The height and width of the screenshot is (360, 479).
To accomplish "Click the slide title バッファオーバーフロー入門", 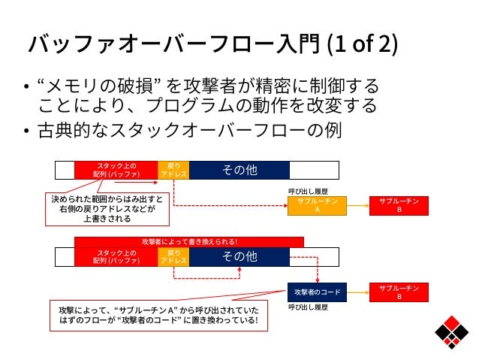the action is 173,44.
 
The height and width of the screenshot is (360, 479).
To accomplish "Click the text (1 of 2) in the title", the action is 363,44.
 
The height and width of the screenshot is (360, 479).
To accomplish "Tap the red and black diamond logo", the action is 451,332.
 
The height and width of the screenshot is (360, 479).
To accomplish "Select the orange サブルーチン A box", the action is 317,206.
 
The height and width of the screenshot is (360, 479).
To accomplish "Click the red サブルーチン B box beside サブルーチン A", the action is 399,206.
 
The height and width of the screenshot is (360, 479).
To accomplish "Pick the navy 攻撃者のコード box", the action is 317,292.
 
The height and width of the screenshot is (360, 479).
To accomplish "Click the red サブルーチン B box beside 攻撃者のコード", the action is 399,292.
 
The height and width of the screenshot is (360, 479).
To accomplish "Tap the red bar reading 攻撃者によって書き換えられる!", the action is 189,242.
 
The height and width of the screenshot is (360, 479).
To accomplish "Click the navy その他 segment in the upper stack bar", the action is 239,170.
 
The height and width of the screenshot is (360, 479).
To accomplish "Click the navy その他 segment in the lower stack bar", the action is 239,257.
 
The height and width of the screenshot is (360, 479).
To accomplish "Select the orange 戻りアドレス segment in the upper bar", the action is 173,170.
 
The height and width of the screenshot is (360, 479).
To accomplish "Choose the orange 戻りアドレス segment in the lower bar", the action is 173,257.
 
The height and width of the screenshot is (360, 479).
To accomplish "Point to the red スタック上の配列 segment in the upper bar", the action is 116,170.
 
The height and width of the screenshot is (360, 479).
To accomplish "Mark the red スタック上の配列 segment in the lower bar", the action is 116,257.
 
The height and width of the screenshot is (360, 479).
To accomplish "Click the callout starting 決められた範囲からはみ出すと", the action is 107,209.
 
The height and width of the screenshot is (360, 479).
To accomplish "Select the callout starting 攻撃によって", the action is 158,316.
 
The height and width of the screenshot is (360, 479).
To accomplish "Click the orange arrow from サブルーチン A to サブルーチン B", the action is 358,206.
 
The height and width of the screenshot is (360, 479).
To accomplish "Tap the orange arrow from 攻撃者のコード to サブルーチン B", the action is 358,292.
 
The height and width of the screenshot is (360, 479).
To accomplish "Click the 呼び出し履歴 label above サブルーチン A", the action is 308,192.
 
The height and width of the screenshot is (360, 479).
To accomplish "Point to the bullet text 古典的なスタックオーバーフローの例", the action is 189,130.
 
